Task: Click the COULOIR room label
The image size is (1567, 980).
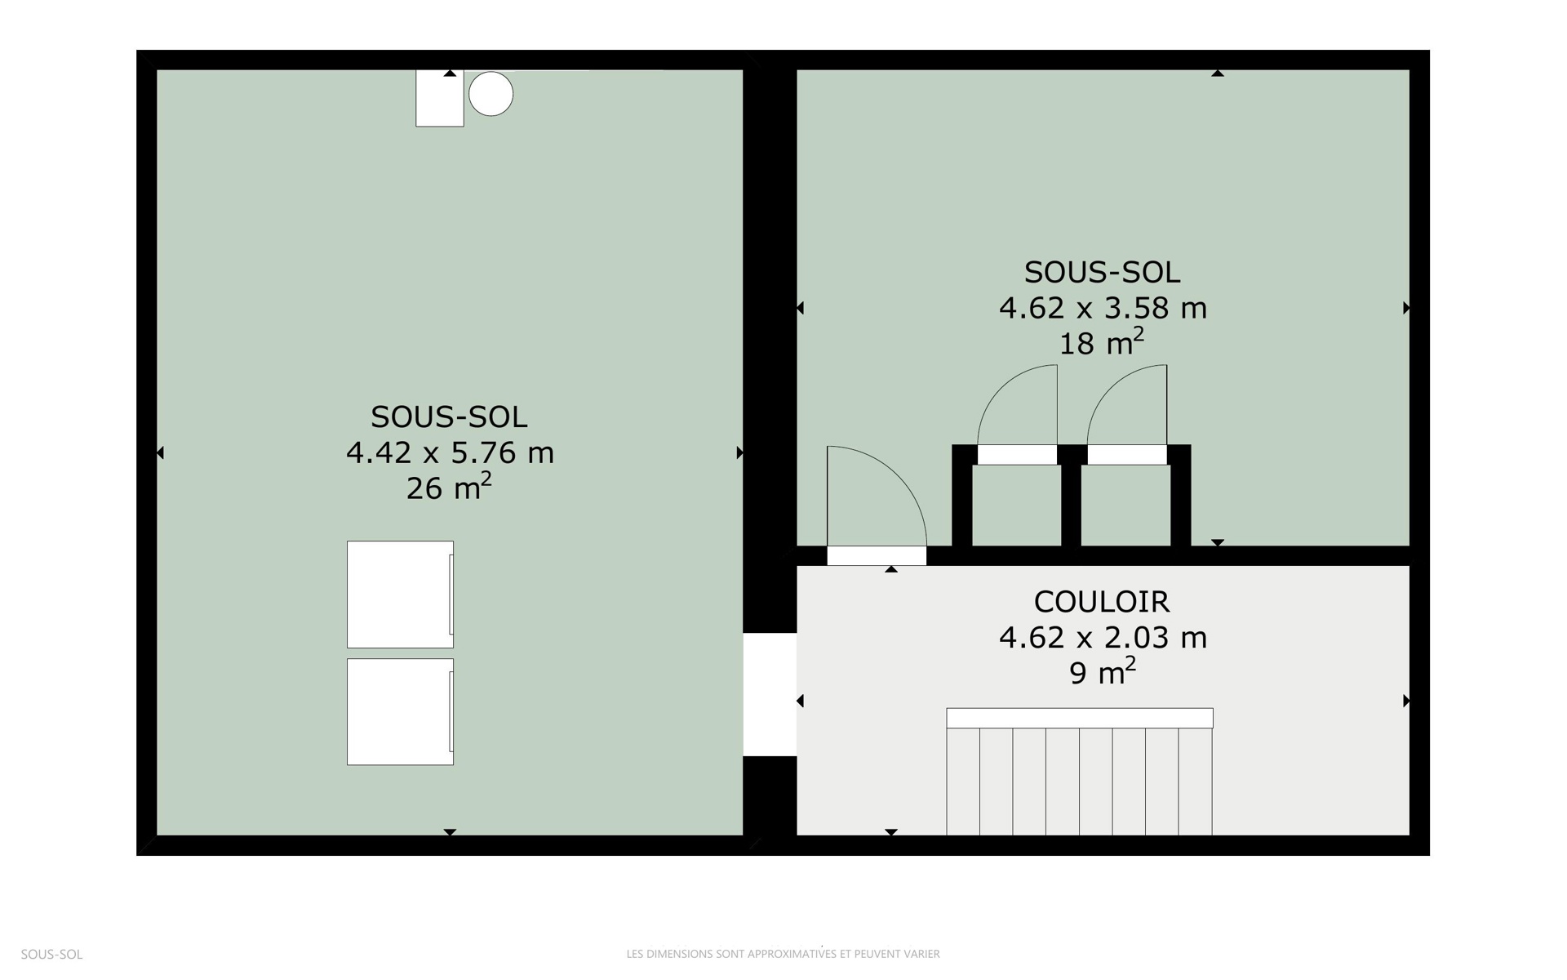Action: pyautogui.click(x=1102, y=602)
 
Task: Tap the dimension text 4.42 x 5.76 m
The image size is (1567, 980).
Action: pyautogui.click(x=450, y=452)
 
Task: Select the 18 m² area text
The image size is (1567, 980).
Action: pyautogui.click(x=1102, y=342)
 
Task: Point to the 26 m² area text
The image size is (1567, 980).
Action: pyautogui.click(x=449, y=487)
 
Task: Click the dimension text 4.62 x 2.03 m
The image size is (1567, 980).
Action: pyautogui.click(x=1103, y=637)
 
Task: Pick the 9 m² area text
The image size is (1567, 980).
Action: pyautogui.click(x=1103, y=671)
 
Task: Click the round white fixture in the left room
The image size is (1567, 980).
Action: pyautogui.click(x=491, y=93)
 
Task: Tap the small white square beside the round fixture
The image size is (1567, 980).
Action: pyautogui.click(x=440, y=98)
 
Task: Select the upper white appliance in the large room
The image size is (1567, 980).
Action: pyautogui.click(x=400, y=595)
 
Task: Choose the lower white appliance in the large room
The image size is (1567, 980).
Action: pyautogui.click(x=400, y=712)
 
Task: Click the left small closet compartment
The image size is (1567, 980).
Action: pyautogui.click(x=1017, y=506)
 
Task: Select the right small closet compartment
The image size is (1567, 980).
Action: pyautogui.click(x=1126, y=506)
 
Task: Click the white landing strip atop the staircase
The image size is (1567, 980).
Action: pyautogui.click(x=1080, y=718)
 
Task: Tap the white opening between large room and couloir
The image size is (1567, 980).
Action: pyautogui.click(x=770, y=694)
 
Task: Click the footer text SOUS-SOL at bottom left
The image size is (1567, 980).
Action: pyautogui.click(x=51, y=954)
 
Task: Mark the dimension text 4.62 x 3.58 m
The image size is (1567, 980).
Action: pyautogui.click(x=1103, y=308)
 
